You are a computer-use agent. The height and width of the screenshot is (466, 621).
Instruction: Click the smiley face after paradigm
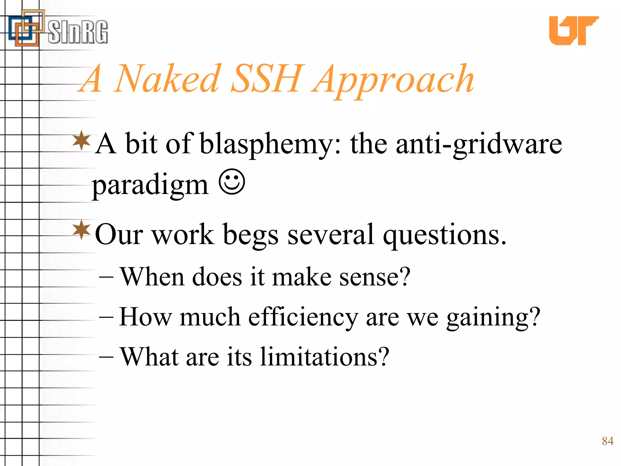tap(232, 182)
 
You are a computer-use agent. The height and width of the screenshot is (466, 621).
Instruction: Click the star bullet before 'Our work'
tap(82, 230)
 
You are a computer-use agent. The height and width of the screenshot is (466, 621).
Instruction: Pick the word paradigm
tap(150, 185)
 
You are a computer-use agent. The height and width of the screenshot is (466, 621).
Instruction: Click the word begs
tap(250, 235)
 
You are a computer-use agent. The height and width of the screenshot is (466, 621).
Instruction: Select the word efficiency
tap(303, 317)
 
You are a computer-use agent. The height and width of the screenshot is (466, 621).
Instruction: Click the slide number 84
tap(607, 441)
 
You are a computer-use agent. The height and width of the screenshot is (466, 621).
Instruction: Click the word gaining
tap(493, 317)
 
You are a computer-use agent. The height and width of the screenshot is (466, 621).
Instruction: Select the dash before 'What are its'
tap(106, 357)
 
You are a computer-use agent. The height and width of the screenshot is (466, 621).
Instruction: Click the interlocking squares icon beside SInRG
tap(26, 29)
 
